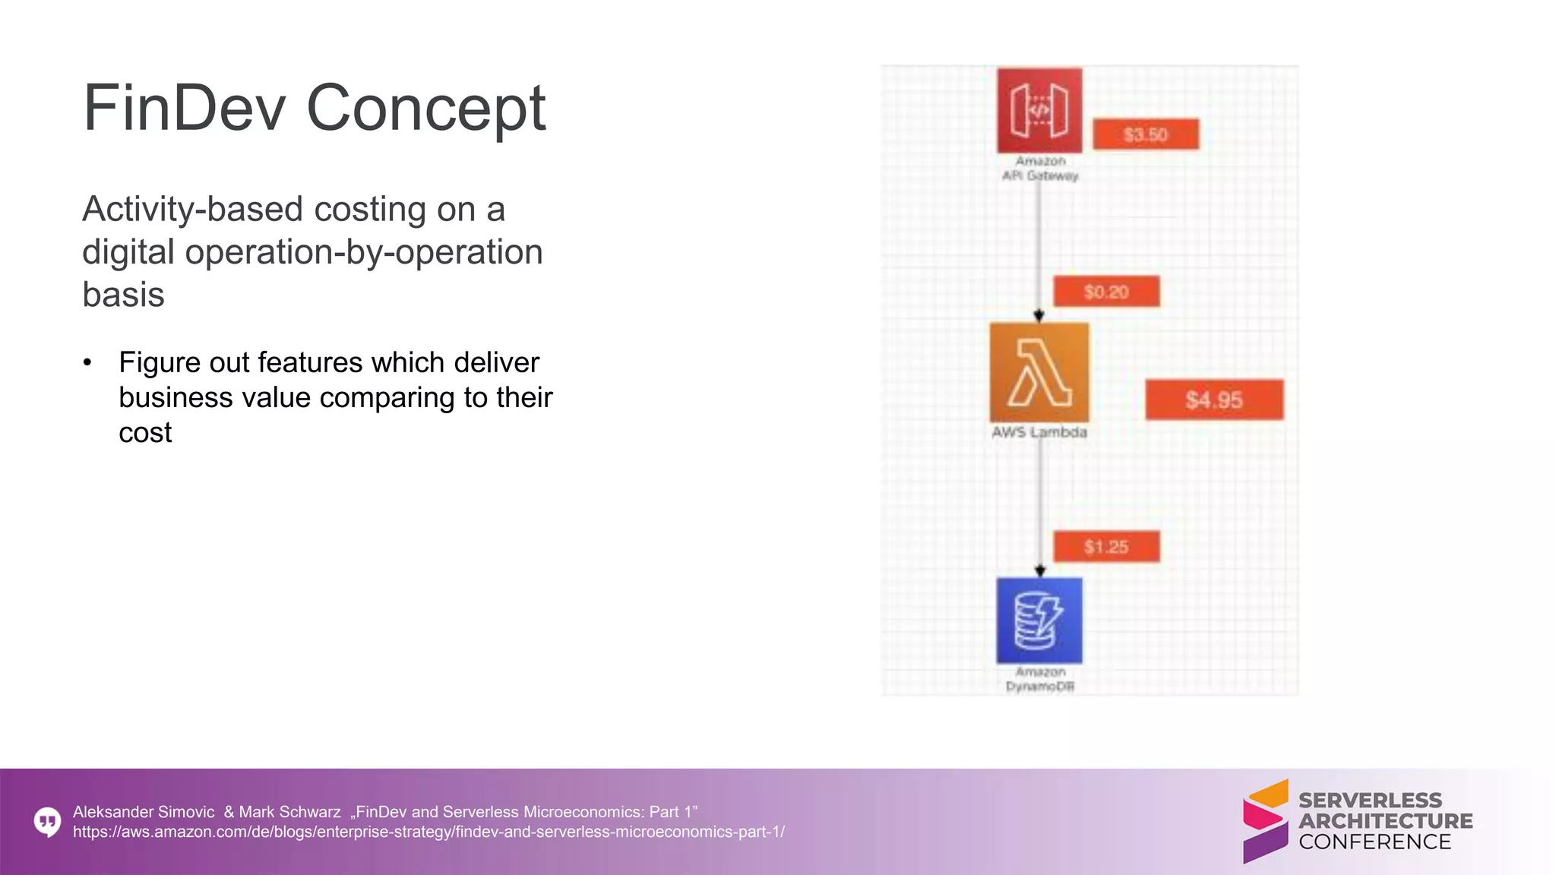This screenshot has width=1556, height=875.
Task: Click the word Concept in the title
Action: coord(425,109)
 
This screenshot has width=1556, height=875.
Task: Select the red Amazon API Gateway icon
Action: coord(1039,110)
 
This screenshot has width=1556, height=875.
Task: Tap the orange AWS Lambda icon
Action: coord(1039,372)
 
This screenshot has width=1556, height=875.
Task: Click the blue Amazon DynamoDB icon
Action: coord(1039,621)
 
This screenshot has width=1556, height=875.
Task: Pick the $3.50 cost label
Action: coord(1146,134)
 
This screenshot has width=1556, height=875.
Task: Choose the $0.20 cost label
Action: coord(1106,292)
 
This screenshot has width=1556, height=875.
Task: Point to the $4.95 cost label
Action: coord(1214,400)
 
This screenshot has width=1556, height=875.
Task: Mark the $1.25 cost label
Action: coord(1106,547)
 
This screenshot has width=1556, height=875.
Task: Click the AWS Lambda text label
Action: coord(1039,432)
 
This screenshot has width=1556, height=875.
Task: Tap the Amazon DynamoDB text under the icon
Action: coord(1039,679)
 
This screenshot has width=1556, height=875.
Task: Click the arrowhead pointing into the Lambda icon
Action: coord(1039,316)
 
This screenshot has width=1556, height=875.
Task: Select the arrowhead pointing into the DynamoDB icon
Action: coord(1040,571)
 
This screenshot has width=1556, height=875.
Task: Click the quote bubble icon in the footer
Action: coord(48,821)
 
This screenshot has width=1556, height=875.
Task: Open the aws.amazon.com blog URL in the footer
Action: coord(429,832)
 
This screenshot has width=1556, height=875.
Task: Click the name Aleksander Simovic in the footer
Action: coord(144,812)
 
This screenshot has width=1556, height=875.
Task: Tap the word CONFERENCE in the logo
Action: coord(1374,842)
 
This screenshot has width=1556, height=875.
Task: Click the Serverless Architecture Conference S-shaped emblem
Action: coord(1265,821)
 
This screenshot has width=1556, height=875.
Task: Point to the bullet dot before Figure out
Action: coord(88,362)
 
